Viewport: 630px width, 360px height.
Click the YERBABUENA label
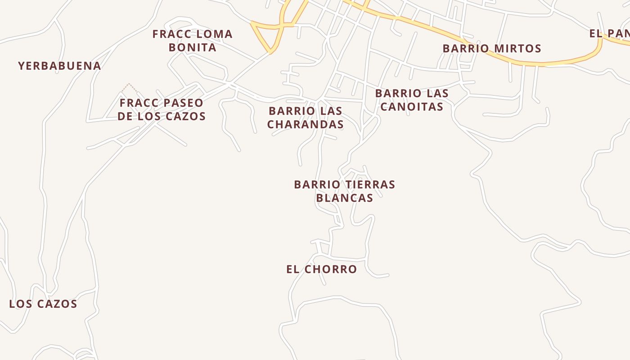59,66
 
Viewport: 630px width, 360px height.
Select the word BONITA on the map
193,47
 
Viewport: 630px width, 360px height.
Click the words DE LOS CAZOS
162,116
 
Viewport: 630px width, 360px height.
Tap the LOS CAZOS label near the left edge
43,304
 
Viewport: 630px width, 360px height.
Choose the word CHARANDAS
306,124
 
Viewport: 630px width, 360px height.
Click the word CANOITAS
412,107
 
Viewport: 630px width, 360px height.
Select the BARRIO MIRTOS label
492,49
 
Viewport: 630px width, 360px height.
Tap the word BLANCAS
345,198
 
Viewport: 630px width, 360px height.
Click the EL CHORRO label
322,269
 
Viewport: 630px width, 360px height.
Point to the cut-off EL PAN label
609,33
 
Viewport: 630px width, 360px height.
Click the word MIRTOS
516,49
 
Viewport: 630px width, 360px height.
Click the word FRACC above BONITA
170,34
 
